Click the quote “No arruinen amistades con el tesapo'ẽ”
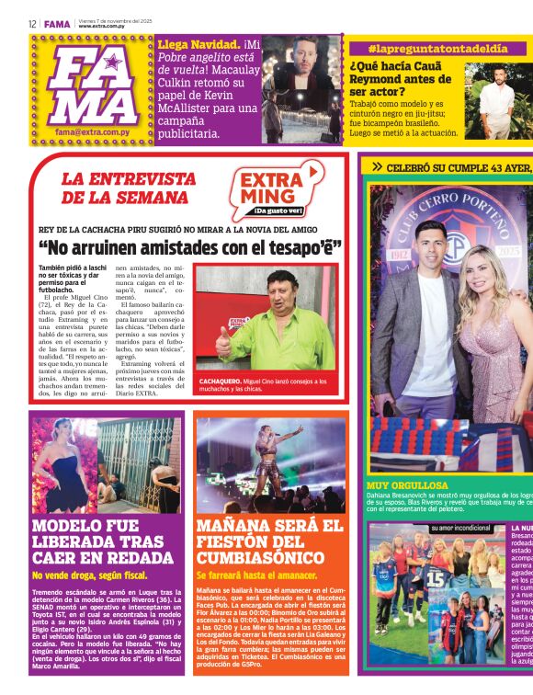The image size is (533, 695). click(x=191, y=247)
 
